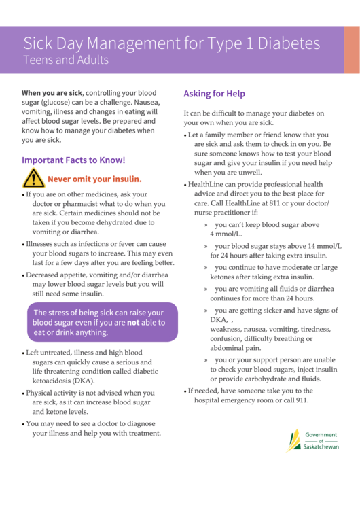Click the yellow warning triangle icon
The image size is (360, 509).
point(33,179)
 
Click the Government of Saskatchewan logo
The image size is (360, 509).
point(312,441)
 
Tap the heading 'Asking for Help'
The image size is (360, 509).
point(214,94)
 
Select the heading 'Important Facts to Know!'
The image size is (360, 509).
point(73,160)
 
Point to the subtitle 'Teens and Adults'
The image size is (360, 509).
point(66,60)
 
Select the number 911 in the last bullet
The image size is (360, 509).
point(300,400)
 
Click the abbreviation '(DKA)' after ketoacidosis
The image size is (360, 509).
point(82,382)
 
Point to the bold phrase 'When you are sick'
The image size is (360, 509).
point(52,92)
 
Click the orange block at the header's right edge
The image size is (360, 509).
point(351,50)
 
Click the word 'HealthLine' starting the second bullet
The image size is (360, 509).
point(208,184)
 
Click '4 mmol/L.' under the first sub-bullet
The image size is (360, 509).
point(226,234)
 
